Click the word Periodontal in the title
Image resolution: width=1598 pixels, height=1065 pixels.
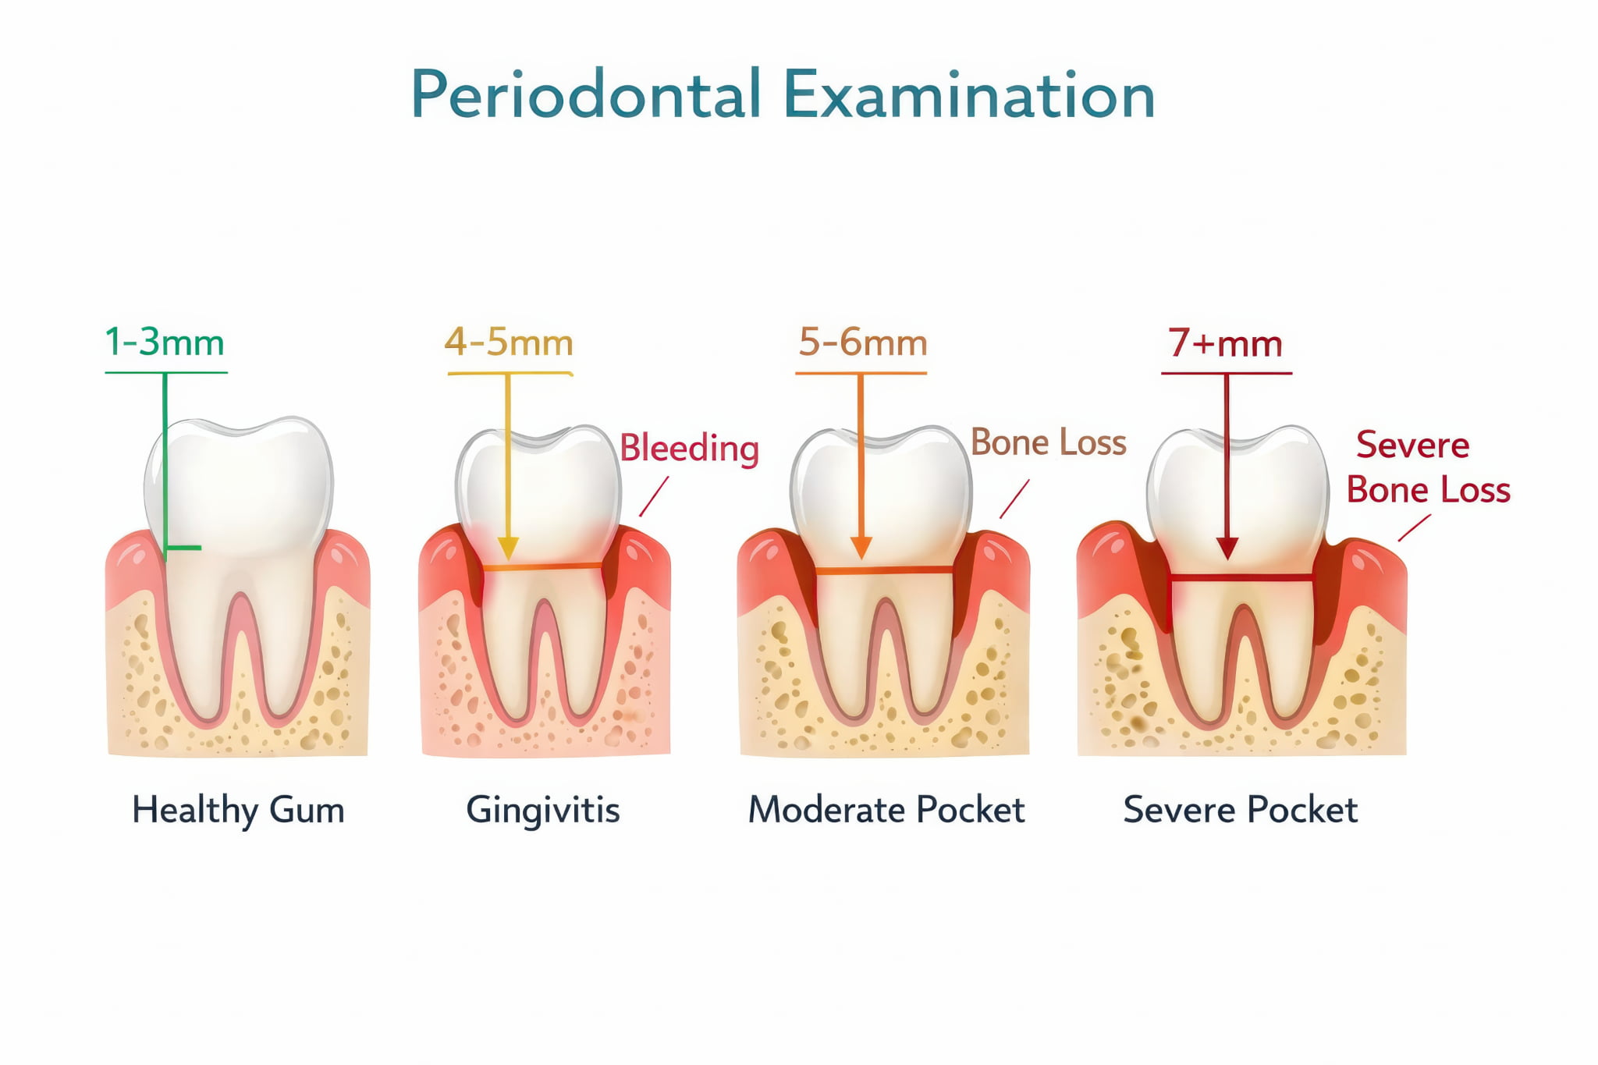click(x=586, y=94)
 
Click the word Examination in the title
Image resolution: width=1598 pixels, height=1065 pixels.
click(x=969, y=94)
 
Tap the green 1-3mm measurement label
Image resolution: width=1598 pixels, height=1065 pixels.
click(x=165, y=343)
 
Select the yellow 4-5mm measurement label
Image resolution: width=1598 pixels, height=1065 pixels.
click(x=509, y=343)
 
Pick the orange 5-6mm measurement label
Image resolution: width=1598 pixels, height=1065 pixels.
click(x=863, y=343)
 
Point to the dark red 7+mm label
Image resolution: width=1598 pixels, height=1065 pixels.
click(x=1225, y=343)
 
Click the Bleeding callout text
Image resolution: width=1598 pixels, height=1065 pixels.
click(x=689, y=449)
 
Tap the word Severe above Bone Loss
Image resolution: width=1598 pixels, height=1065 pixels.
click(x=1413, y=445)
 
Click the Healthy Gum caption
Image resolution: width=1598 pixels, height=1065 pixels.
click(x=238, y=810)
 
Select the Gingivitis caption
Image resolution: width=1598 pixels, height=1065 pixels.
click(x=543, y=810)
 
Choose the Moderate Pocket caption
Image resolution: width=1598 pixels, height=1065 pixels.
click(x=886, y=810)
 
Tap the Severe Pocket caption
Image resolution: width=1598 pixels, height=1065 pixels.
click(x=1241, y=810)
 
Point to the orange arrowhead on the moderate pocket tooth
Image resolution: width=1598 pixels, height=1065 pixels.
click(x=861, y=548)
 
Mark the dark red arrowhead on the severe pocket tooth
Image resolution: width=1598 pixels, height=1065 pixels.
click(x=1227, y=548)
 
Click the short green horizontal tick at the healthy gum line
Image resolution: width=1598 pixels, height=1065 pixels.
click(x=183, y=548)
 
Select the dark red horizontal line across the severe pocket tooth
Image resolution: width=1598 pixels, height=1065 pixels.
click(x=1241, y=578)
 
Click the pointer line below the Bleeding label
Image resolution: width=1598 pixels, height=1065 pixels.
click(x=654, y=496)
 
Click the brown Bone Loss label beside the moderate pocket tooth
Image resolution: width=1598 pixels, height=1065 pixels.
click(x=1049, y=443)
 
